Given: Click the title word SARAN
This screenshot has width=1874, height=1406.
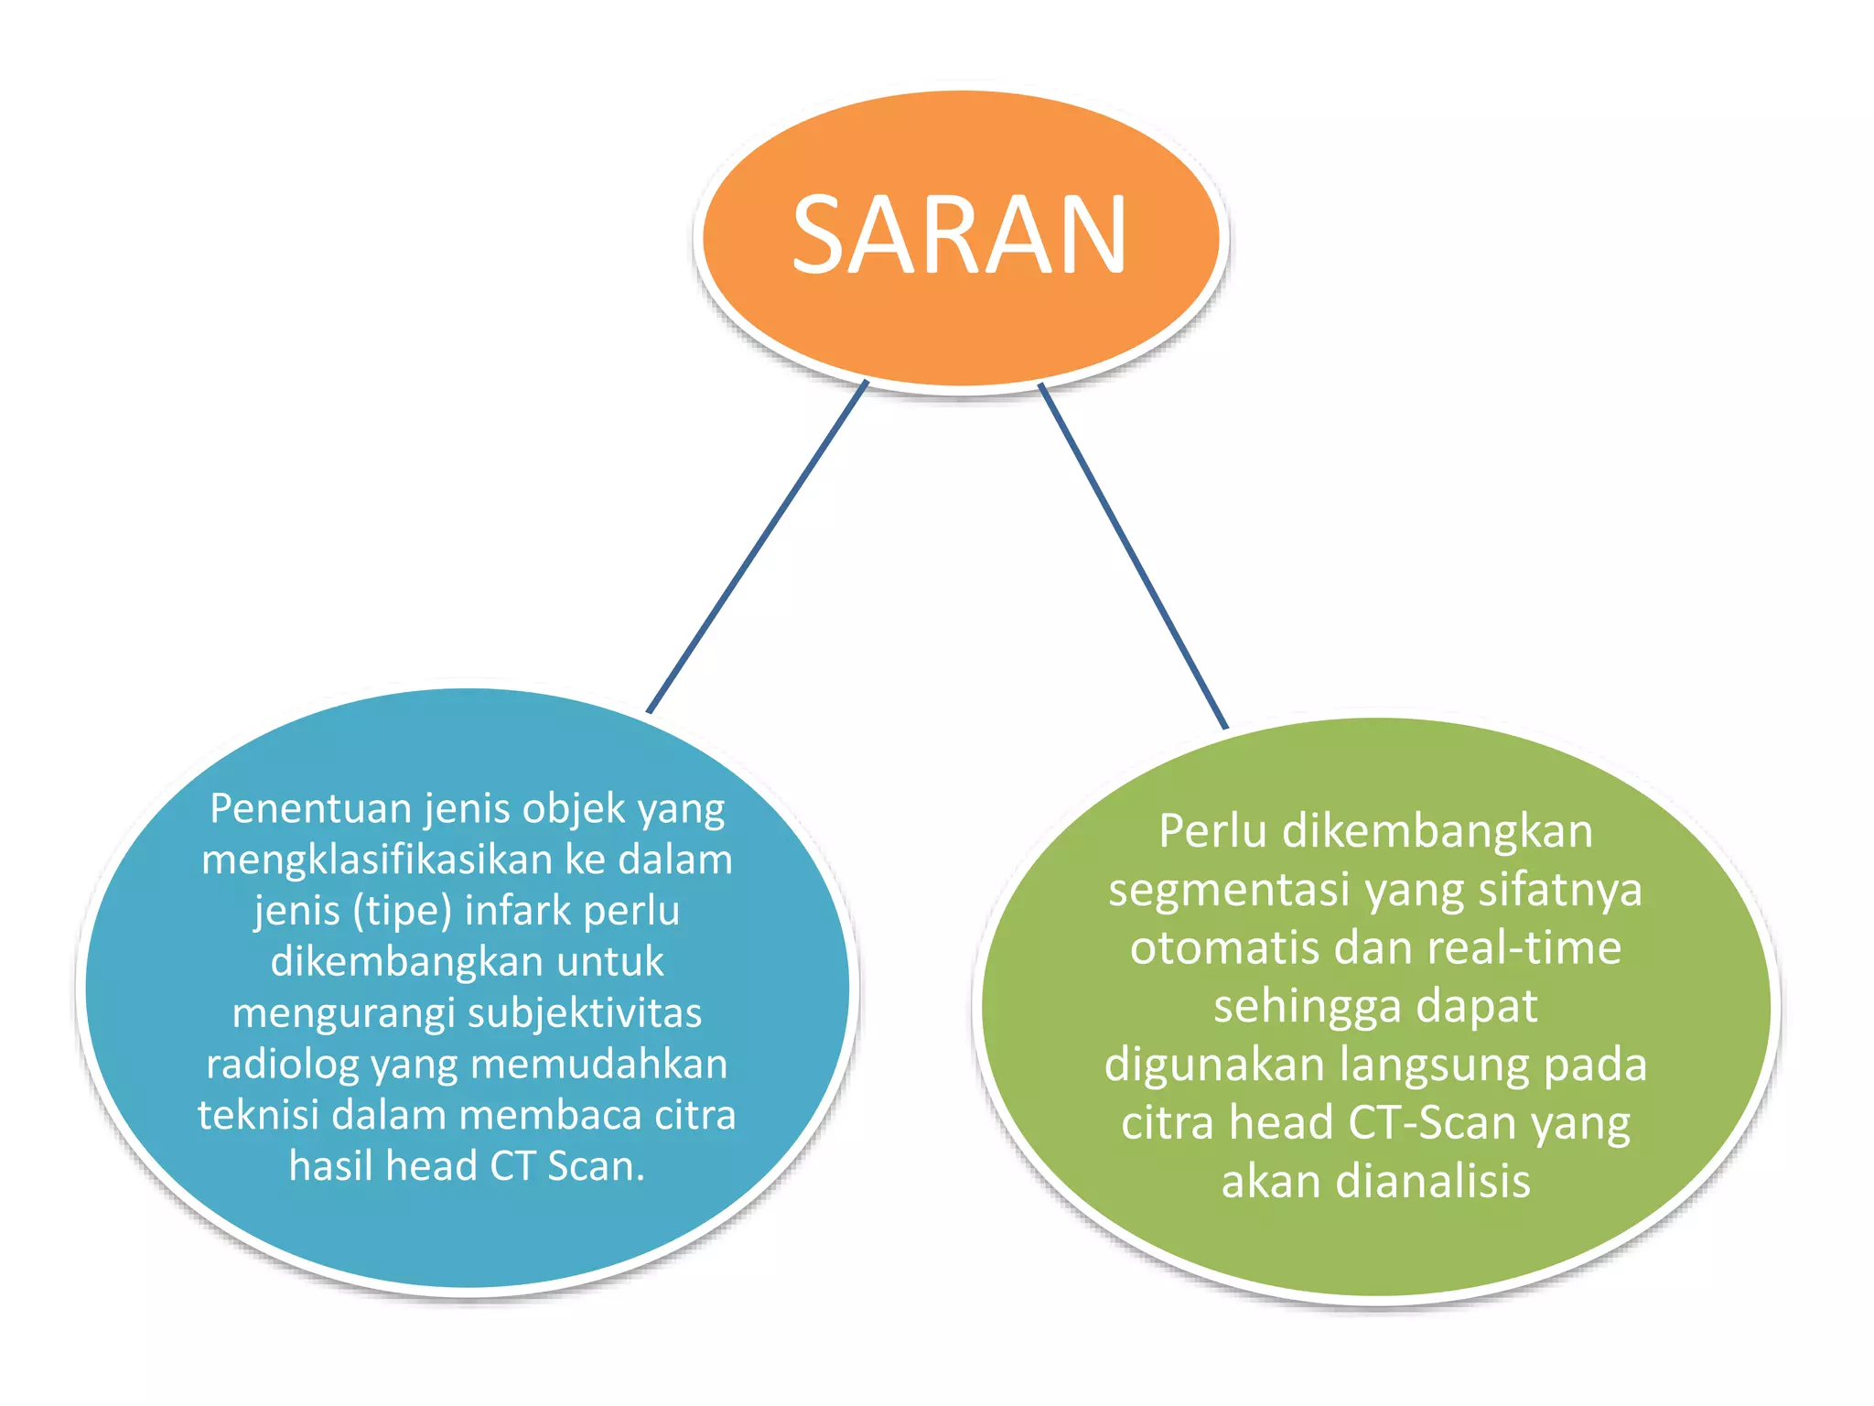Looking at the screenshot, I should tap(959, 235).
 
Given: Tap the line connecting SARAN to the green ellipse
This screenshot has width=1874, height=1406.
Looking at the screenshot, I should tap(1133, 556).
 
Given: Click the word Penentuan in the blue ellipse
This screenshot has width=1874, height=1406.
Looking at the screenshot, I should tap(311, 809).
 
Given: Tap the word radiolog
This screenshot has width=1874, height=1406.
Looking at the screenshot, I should tap(282, 1065).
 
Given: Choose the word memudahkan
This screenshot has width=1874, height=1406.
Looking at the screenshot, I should tap(599, 1065).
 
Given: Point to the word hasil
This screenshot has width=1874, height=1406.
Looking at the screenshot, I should tap(331, 1166).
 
